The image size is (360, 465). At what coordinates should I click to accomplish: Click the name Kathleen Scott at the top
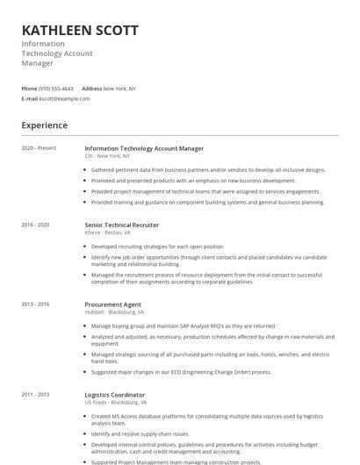[x=80, y=30]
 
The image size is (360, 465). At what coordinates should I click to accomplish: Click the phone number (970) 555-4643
[x=56, y=89]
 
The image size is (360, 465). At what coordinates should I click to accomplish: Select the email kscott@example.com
[x=65, y=98]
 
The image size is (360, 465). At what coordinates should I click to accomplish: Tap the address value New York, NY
[x=119, y=89]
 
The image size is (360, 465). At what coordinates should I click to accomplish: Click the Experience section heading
[x=45, y=125]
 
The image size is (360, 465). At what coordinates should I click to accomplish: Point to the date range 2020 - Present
[x=39, y=148]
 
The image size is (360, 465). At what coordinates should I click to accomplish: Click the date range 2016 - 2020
[x=35, y=225]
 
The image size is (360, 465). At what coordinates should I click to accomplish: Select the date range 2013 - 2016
[x=35, y=304]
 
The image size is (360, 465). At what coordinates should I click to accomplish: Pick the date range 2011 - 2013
[x=35, y=395]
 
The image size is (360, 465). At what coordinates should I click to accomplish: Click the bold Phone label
[x=29, y=89]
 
